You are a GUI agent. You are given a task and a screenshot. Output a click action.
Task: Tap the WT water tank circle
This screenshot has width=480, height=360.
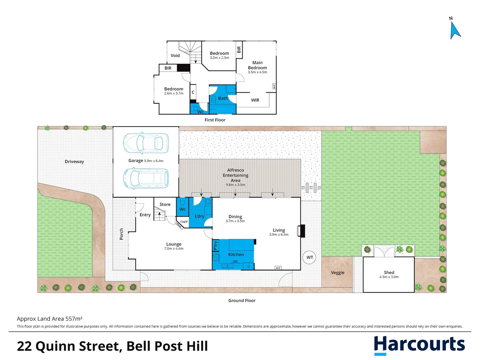click(x=309, y=257)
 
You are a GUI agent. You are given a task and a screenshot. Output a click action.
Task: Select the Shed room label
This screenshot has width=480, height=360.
click(x=389, y=273)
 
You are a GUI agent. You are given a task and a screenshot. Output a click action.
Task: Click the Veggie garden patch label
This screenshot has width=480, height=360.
click(x=338, y=273)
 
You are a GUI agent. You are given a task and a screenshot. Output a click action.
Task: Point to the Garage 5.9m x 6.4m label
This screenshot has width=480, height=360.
click(x=146, y=161)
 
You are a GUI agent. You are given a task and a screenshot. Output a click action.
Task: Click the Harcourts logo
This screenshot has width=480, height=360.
click(x=419, y=345)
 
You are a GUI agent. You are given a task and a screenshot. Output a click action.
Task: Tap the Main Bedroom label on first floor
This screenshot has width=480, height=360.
click(x=257, y=65)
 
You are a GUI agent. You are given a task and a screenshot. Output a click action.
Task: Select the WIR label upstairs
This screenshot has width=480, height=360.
click(x=255, y=100)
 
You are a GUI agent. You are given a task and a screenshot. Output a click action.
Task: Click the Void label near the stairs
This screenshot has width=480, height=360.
click(x=175, y=56)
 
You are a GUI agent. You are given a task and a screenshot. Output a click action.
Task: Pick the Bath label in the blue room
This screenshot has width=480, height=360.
click(x=223, y=98)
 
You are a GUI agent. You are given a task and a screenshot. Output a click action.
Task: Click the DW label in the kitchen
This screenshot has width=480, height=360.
click(x=235, y=261)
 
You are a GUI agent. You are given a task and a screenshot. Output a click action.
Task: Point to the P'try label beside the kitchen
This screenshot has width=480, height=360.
click(x=215, y=245)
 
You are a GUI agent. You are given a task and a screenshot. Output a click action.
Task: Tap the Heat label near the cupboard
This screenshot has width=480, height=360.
click(x=179, y=226)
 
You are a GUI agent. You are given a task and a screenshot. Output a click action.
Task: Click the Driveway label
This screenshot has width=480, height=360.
click(x=74, y=162)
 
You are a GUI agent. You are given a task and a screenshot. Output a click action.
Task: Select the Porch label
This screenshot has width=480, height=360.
click(x=121, y=234)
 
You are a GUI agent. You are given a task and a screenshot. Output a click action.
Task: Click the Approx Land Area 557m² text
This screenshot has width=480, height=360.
click(x=50, y=319)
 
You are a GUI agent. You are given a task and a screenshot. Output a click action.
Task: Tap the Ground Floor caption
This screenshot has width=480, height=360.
click(x=242, y=301)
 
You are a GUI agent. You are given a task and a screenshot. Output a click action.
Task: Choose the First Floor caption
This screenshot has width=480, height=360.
click(x=215, y=120)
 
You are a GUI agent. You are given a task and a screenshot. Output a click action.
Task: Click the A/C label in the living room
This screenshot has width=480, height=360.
click(x=278, y=268)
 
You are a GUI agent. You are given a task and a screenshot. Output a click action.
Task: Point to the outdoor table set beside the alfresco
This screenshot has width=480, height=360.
click(x=311, y=188)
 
